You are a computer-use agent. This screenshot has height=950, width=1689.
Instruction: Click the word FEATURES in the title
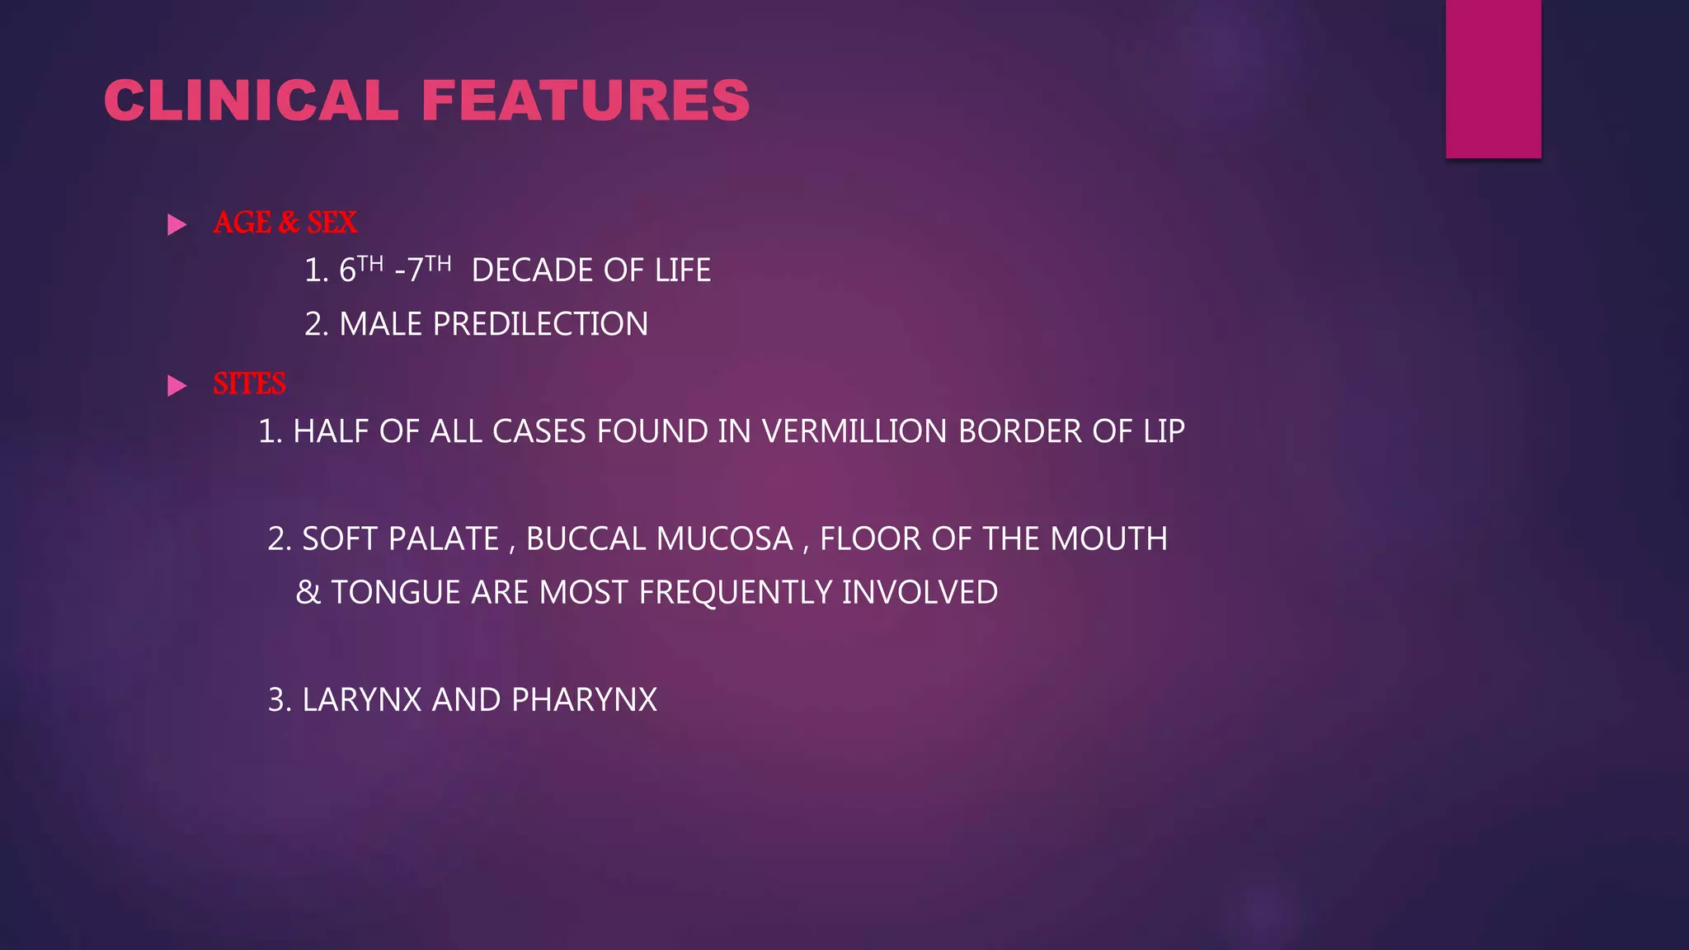click(586, 101)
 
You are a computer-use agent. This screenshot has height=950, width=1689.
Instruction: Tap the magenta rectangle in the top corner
click(1493, 78)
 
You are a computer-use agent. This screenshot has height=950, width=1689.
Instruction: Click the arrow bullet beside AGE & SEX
click(176, 224)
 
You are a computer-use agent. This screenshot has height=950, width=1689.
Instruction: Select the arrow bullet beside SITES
click(176, 385)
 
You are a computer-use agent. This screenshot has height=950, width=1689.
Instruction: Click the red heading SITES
click(249, 384)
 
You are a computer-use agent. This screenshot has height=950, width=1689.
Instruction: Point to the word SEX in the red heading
click(332, 223)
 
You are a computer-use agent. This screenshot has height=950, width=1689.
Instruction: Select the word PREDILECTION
click(540, 324)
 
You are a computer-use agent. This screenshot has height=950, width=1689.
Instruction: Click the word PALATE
click(444, 539)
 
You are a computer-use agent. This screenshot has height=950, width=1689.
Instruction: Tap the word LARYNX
click(362, 700)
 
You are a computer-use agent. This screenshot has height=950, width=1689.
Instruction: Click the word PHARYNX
click(584, 700)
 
